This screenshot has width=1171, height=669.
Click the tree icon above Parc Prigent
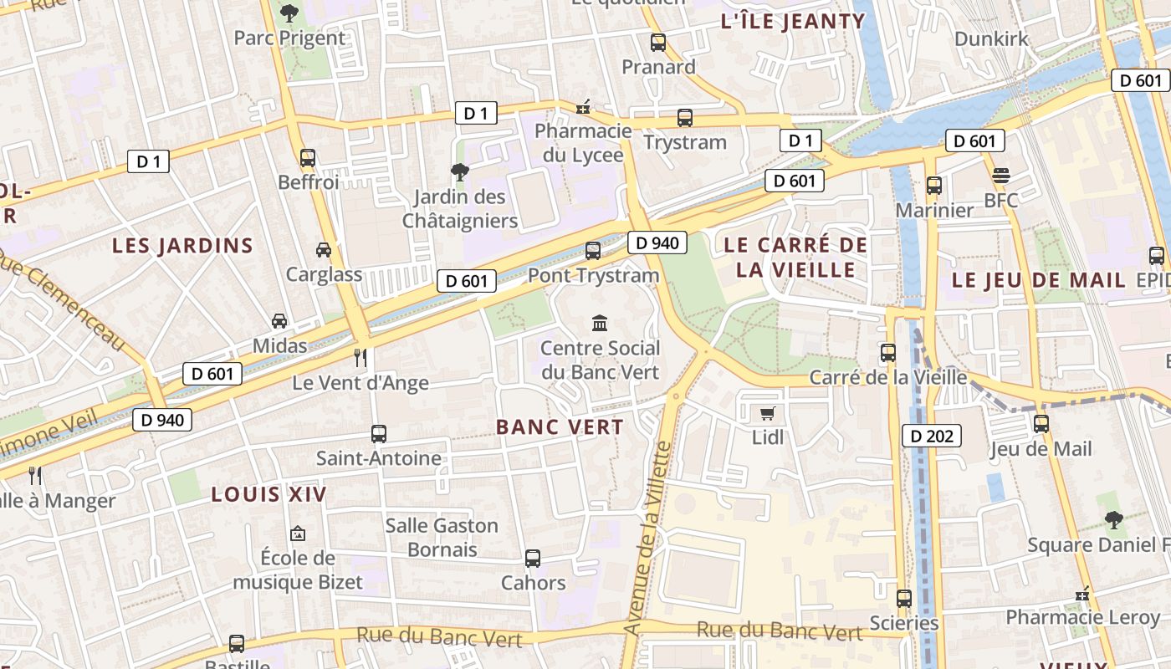pyautogui.click(x=289, y=13)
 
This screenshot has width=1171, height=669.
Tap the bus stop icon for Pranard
pyautogui.click(x=658, y=43)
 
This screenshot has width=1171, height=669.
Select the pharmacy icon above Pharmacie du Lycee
pyautogui.click(x=583, y=107)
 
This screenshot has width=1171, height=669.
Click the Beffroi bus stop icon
pyautogui.click(x=308, y=157)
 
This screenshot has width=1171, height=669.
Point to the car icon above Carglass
pyautogui.click(x=323, y=249)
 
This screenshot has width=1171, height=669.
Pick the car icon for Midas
pyautogui.click(x=279, y=321)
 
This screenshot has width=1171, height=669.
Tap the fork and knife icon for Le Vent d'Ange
pyautogui.click(x=361, y=358)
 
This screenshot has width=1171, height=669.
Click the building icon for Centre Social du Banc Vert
pyautogui.click(x=600, y=323)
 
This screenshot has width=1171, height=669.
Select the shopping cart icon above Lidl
pyautogui.click(x=768, y=413)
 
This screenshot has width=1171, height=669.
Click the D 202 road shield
pyautogui.click(x=932, y=436)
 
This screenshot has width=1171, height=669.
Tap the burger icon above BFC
pyautogui.click(x=1001, y=176)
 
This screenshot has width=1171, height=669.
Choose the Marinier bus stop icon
pyautogui.click(x=934, y=186)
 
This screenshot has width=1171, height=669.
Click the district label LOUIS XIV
pyautogui.click(x=268, y=494)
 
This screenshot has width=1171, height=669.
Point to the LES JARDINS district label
pyautogui.click(x=182, y=245)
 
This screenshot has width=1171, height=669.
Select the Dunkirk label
pyautogui.click(x=991, y=38)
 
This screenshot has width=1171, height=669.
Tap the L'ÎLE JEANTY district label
pyautogui.click(x=792, y=22)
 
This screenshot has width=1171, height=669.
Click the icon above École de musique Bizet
pyautogui.click(x=298, y=533)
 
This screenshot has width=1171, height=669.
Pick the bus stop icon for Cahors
pyautogui.click(x=533, y=558)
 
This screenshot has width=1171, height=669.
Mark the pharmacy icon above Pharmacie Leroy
pyautogui.click(x=1083, y=594)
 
